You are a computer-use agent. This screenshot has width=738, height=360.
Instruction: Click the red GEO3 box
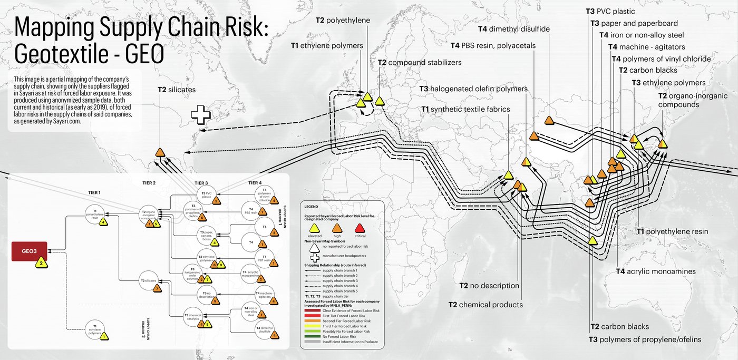tap(30, 251)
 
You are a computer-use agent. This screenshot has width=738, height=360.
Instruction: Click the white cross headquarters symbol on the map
tap(200, 115)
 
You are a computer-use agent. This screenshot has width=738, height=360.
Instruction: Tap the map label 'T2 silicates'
tap(177, 90)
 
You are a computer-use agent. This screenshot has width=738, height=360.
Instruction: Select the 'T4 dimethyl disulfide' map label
tap(513, 29)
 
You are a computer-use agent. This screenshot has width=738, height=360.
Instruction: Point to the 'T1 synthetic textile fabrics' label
tap(465, 109)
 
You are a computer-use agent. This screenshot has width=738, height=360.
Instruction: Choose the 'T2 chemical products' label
tap(485, 305)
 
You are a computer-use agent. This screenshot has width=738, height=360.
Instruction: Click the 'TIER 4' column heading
tap(256, 183)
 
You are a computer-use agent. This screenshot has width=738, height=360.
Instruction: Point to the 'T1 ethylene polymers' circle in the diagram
tap(94, 330)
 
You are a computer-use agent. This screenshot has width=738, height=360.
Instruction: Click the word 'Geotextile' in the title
tap(59, 54)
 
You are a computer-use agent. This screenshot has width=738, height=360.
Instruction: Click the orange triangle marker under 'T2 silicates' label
tap(161, 153)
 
